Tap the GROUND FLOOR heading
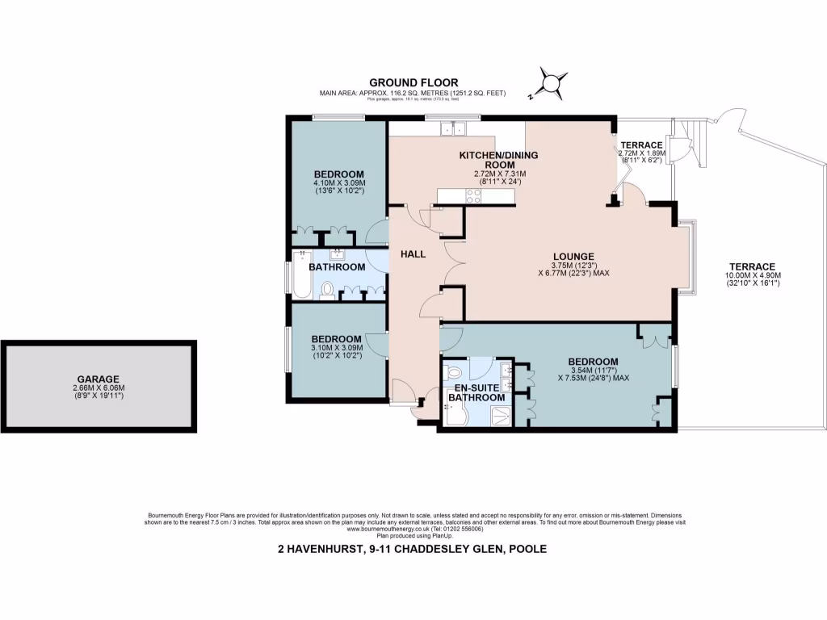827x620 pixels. pos(413,82)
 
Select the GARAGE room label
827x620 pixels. pos(99,379)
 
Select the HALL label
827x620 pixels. pos(413,254)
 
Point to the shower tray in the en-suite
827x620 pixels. pos(502,415)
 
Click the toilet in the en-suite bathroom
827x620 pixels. pos(453,372)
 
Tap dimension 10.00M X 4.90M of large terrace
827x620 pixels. pos(752,275)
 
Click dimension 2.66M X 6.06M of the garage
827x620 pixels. pos(99,387)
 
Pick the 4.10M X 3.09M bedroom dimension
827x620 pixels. pos(339,183)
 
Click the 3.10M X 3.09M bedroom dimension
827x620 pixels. pos(336,348)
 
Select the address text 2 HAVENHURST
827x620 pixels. pos(318,549)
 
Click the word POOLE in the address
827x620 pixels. pos(527,549)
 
